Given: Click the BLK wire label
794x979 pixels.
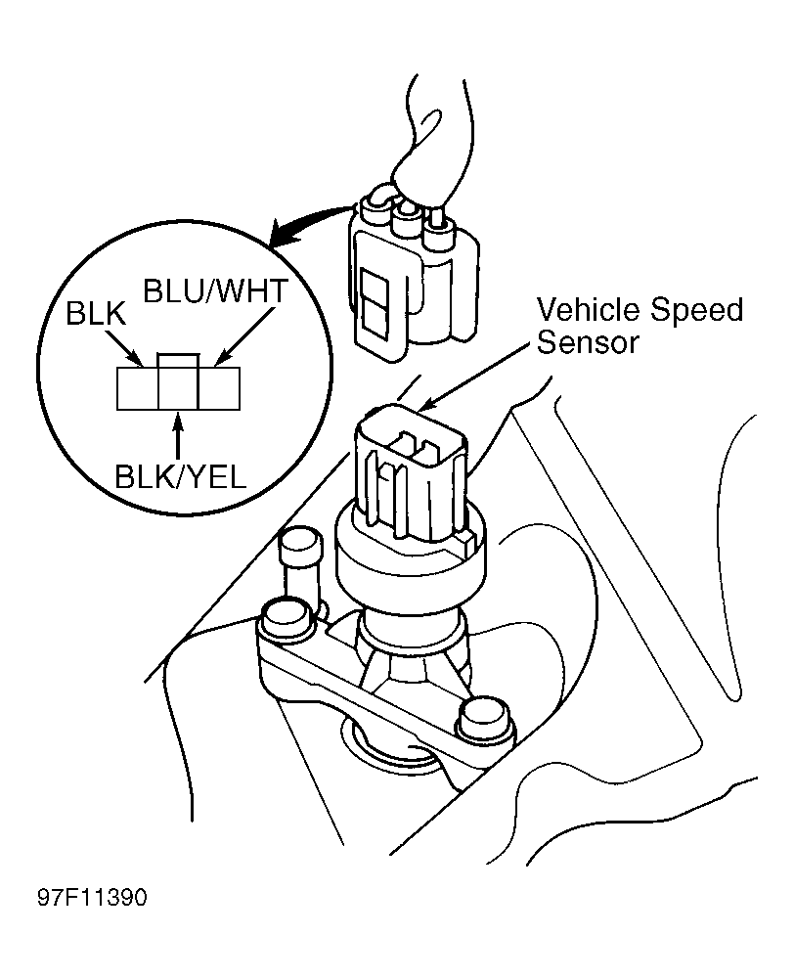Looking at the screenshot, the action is tap(96, 315).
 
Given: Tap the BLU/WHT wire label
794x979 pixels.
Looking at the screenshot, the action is tap(216, 290).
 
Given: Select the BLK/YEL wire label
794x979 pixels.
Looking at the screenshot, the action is tap(180, 477).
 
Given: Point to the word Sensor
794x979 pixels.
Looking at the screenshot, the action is tap(589, 342).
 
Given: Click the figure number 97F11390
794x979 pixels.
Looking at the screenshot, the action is tap(92, 897).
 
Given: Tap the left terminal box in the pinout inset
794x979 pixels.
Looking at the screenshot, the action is tap(137, 388).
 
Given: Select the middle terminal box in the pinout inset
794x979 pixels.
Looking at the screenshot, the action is tap(179, 381).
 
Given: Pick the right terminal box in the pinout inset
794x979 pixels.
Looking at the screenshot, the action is tap(219, 388).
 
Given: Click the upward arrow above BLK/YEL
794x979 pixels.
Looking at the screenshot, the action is tap(179, 436).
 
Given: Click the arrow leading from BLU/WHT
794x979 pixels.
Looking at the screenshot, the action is tap(243, 335).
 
